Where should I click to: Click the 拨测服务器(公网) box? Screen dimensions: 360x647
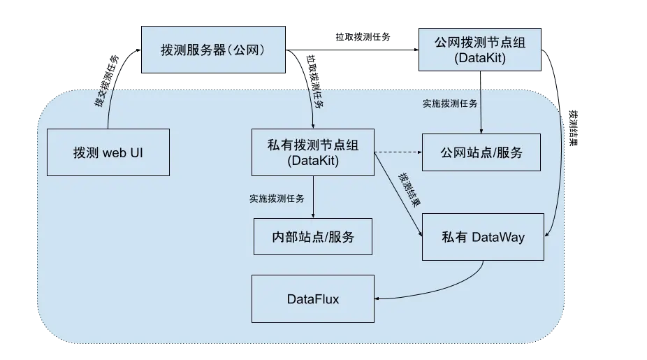point(214,50)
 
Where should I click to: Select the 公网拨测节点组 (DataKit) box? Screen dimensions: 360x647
point(479,50)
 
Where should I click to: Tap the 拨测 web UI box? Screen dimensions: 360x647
point(108,152)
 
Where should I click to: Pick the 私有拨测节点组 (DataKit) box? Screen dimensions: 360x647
point(312,152)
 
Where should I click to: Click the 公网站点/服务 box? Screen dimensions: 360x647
point(481,152)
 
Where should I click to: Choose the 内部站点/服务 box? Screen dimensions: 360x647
point(312,237)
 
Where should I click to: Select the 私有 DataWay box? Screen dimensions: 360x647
point(483,237)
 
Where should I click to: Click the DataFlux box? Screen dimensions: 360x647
point(312,299)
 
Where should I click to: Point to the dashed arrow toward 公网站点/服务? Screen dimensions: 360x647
point(398,152)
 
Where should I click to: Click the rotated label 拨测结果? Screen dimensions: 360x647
point(409,189)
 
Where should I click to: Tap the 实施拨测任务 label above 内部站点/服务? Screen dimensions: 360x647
point(277,199)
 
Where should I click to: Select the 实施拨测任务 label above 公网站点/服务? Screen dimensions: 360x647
point(450,103)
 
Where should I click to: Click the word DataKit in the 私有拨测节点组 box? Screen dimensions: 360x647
point(313,160)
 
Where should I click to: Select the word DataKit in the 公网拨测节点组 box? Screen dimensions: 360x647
point(479,58)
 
